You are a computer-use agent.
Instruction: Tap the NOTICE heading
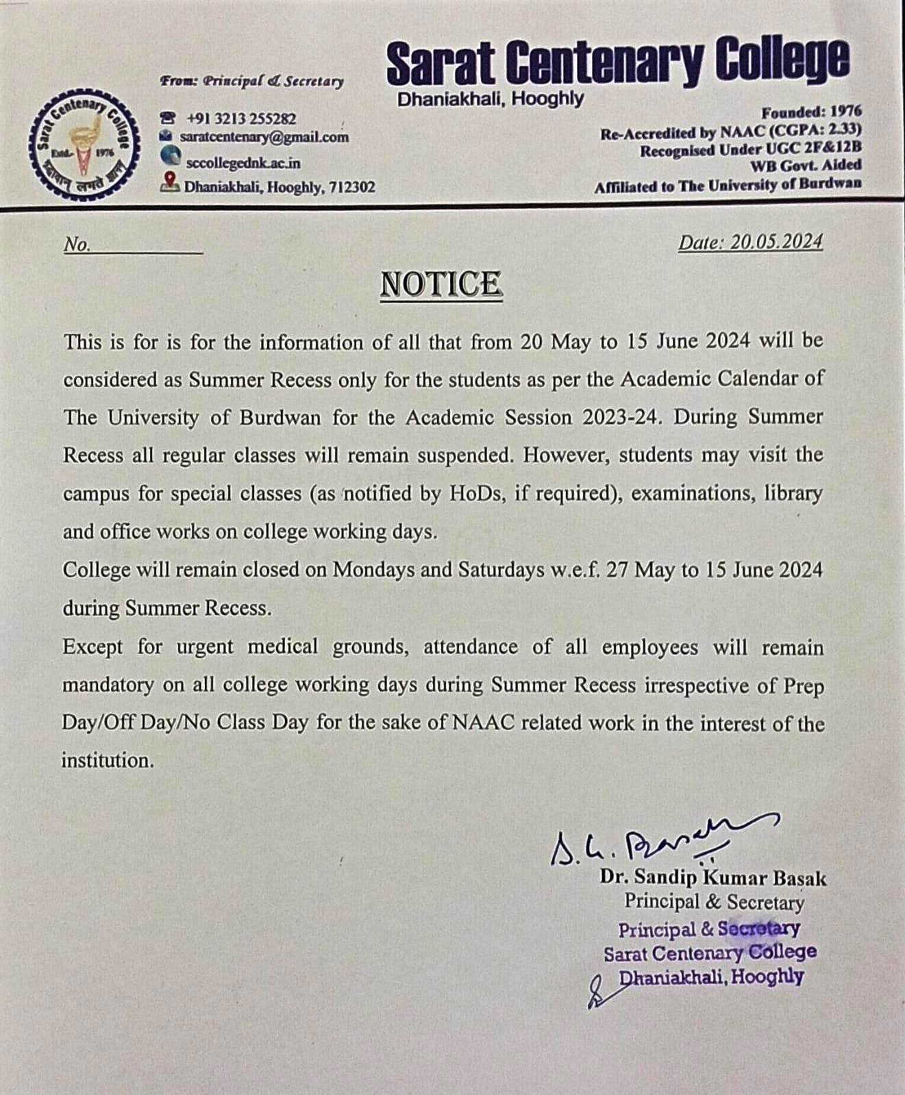441,284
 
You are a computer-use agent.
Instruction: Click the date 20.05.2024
776,242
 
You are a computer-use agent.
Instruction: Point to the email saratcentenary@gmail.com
264,137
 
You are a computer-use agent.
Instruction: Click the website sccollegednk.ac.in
243,163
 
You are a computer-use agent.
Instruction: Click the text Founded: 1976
811,112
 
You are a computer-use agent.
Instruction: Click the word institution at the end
106,760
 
